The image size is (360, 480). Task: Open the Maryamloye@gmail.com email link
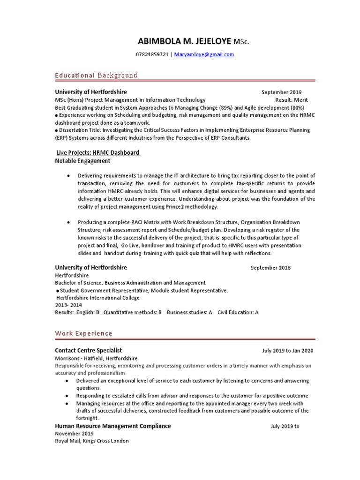[204, 55]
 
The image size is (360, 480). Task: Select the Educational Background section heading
[96, 75]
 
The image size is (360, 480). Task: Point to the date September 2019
[281, 92]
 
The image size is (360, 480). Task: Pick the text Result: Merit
[292, 100]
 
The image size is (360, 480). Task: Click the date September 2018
[270, 268]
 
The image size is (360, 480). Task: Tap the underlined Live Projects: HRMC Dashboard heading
[97, 153]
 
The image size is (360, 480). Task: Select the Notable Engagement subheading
[82, 161]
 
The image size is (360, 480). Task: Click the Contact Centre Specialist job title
[89, 350]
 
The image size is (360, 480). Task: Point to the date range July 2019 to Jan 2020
[288, 351]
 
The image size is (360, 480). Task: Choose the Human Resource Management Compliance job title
[113, 426]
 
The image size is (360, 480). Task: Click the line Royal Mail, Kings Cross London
[92, 441]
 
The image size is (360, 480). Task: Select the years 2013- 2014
[68, 305]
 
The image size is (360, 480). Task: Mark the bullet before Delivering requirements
[68, 175]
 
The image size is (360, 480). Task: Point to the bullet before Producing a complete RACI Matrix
[68, 222]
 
